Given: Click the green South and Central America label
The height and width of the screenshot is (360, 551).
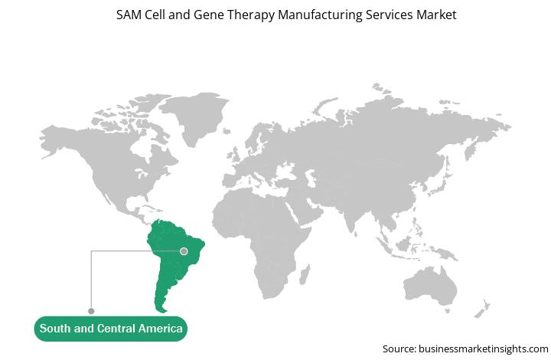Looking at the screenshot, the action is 111,329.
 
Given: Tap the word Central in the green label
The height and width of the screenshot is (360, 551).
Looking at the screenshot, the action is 116,329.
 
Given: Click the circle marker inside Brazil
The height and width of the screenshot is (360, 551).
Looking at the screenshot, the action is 184,251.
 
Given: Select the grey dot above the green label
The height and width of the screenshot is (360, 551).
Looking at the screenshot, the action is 91,311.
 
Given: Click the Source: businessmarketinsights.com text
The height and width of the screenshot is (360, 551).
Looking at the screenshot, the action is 465,349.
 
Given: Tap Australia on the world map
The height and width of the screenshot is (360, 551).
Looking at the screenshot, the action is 430,286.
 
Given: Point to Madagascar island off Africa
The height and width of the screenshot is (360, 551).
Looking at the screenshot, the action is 305,274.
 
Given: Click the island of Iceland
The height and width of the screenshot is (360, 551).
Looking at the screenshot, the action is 227,131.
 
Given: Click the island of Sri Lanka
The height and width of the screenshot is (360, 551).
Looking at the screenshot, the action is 356,234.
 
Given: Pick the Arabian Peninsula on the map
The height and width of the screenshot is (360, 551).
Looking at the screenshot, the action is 309,210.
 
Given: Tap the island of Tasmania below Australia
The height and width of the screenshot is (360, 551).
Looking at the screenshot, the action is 448,311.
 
